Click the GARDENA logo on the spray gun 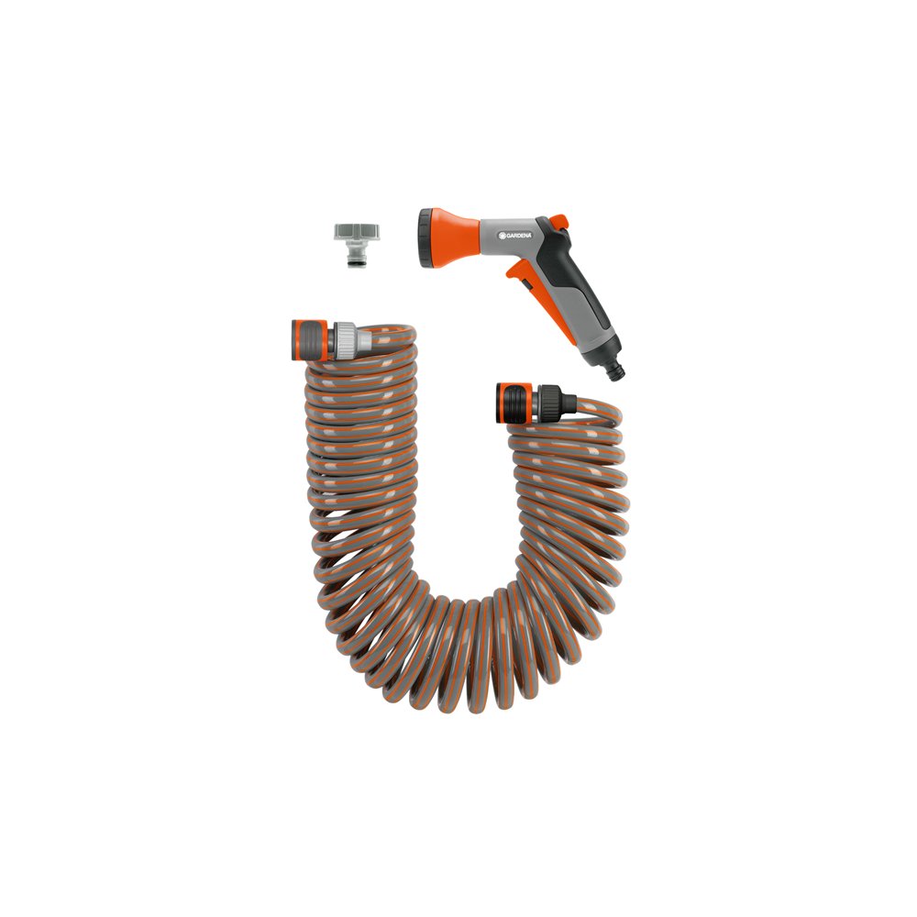pos(515,235)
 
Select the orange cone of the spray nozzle pos(456,238)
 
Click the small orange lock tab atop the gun pos(559,221)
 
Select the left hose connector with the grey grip pos(331,340)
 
